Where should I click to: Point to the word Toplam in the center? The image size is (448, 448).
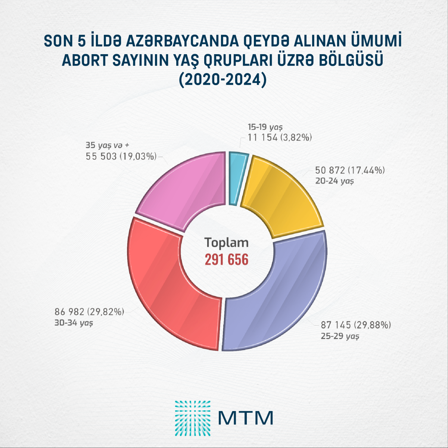pos(226,242)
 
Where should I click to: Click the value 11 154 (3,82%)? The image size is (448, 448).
pos(280,137)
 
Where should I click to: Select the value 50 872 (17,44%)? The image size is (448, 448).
pos(350,171)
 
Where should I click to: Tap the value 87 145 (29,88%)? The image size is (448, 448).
pos(356,325)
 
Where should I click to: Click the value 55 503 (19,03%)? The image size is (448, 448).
pos(121,156)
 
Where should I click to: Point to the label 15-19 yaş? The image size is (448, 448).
pos(265,127)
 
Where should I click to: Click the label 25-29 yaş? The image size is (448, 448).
pos(340,336)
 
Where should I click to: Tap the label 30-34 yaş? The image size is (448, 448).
pos(74,323)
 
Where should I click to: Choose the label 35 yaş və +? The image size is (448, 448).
pos(107,145)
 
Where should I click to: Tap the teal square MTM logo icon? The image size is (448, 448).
pos(192,418)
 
